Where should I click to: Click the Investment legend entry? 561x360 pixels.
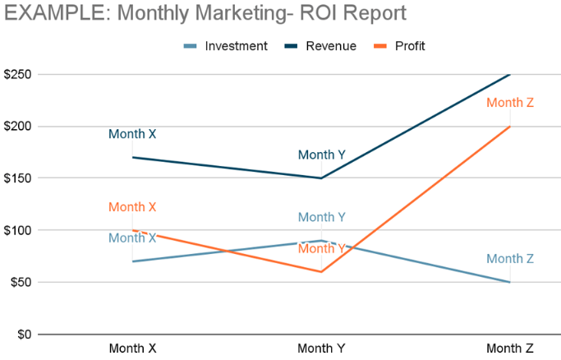click(x=237, y=46)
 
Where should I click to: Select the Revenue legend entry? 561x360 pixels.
click(x=331, y=46)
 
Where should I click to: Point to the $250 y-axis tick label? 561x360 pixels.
click(x=17, y=75)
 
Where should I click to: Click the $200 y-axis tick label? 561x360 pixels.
click(x=17, y=127)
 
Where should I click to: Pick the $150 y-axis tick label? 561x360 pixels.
click(x=17, y=178)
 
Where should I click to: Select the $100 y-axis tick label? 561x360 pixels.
click(x=17, y=230)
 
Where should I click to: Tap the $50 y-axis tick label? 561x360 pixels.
click(x=21, y=282)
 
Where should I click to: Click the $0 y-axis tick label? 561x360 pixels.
click(x=24, y=335)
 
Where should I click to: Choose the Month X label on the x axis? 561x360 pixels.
click(x=132, y=348)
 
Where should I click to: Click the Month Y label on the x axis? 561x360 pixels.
click(x=321, y=348)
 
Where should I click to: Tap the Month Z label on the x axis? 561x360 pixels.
click(x=510, y=348)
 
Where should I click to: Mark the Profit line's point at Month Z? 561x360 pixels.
click(x=510, y=127)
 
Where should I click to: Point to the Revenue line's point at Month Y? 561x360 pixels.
click(x=321, y=178)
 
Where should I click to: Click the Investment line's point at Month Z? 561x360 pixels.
click(x=510, y=282)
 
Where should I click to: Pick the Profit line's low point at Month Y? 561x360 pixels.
click(x=321, y=271)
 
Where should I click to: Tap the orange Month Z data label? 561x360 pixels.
click(x=510, y=103)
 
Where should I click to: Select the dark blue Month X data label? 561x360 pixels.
click(x=132, y=134)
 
